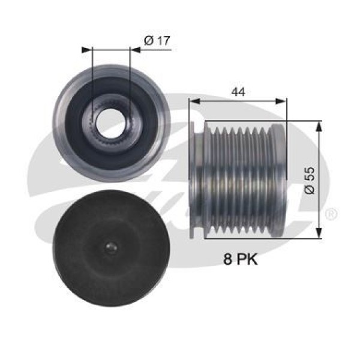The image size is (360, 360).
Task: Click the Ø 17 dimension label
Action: click(x=158, y=41)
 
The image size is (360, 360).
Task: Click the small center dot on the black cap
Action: click(x=109, y=248)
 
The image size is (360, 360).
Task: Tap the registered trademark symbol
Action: click(x=331, y=214)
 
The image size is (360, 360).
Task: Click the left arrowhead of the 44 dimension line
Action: click(x=193, y=102)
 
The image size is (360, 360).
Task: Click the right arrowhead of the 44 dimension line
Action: click(x=284, y=102)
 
